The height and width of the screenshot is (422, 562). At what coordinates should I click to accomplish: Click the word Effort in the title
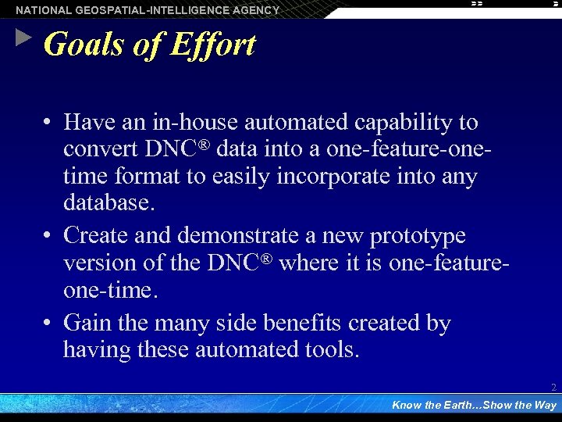(x=212, y=45)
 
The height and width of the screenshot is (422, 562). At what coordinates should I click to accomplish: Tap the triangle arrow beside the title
(x=23, y=37)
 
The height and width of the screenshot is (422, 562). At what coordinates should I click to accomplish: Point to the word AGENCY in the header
(x=255, y=10)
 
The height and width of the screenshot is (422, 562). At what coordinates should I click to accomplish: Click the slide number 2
(x=553, y=388)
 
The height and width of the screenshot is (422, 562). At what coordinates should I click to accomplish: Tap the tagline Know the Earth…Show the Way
(x=474, y=405)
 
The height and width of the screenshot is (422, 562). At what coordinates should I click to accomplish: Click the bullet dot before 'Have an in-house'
(x=48, y=123)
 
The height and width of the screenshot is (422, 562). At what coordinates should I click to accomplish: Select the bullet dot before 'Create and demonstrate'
(x=48, y=235)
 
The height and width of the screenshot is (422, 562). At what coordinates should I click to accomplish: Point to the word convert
(x=101, y=149)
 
